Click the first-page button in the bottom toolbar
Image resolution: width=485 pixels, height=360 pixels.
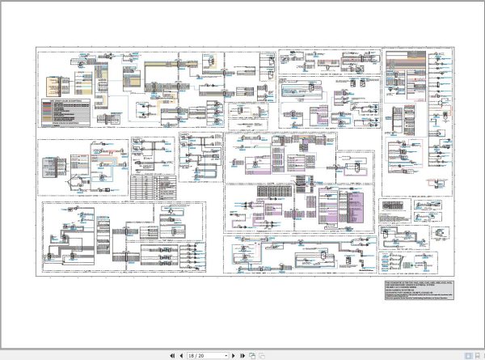click(171, 354)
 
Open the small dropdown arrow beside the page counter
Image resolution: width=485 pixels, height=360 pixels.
click(226, 354)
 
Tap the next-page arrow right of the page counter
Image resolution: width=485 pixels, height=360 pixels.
click(233, 354)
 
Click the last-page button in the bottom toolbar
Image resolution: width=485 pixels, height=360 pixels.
click(242, 354)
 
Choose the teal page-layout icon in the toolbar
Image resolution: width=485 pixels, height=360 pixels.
click(251, 354)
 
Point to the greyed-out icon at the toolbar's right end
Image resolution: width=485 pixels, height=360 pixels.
click(261, 354)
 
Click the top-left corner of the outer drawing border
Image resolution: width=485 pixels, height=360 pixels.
click(37, 46)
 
